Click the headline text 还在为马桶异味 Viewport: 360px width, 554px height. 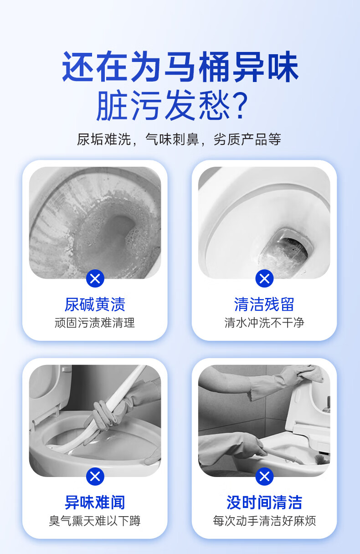(x=180, y=67)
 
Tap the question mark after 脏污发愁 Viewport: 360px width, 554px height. (x=241, y=105)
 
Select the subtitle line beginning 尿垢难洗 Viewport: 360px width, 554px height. (x=179, y=139)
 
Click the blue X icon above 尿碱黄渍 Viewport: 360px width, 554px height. (x=95, y=278)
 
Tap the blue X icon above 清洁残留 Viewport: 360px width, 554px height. (x=264, y=278)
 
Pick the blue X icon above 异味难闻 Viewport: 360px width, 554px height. (x=95, y=477)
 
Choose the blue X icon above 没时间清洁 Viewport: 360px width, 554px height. (x=264, y=477)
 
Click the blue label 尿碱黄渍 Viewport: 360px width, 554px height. (x=95, y=304)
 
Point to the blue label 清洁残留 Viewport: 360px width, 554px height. (x=264, y=304)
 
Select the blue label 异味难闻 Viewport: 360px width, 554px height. (x=95, y=503)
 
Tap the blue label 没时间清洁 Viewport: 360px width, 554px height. (x=264, y=503)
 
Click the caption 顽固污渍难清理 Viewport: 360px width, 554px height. (x=95, y=323)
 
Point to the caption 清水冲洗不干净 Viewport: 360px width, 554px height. (x=264, y=323)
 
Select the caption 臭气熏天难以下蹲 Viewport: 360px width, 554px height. (x=95, y=521)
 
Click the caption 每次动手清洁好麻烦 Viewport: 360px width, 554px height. (x=264, y=521)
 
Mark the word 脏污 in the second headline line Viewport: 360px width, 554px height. (x=129, y=105)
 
